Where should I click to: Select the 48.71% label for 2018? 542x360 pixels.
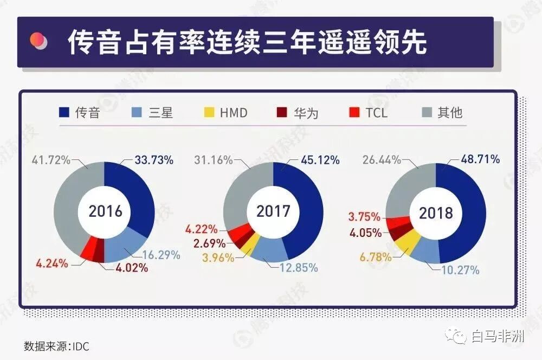480,159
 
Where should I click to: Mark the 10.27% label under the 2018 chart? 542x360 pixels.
460,269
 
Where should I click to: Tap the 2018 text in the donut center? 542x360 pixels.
435,213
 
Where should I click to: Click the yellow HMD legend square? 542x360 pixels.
209,113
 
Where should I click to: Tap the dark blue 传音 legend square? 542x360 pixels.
64,113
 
